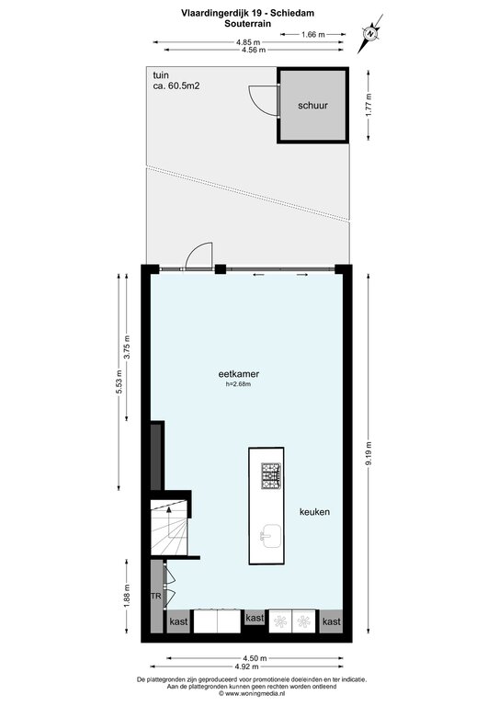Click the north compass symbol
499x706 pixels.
point(370,33)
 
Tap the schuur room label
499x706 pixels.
point(312,106)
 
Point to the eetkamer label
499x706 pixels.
point(239,374)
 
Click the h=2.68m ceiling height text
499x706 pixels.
point(239,384)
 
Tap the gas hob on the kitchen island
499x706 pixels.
point(271,475)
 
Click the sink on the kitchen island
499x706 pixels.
point(271,536)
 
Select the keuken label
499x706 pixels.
point(314,511)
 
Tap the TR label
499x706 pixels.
point(155,596)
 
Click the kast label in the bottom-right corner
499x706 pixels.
point(332,621)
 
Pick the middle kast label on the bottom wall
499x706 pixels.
point(255,618)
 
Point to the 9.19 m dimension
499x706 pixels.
point(369,454)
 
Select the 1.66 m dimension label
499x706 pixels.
point(313,34)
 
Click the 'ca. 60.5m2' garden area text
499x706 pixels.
point(176,85)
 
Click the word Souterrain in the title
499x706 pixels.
point(248,24)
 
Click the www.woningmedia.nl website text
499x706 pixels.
point(255,694)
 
